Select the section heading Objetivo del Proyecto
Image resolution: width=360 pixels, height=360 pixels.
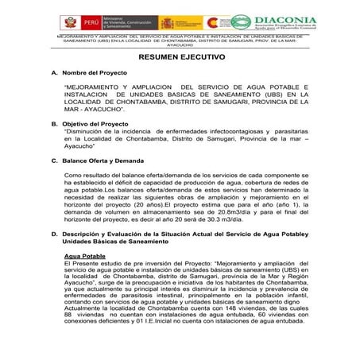coord(98,124)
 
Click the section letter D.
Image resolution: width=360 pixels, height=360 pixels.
coord(53,235)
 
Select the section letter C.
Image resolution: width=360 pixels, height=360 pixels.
coord(53,161)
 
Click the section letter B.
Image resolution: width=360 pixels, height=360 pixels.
coord(53,124)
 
